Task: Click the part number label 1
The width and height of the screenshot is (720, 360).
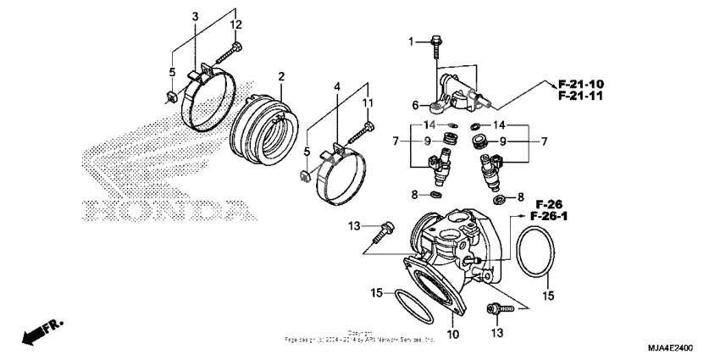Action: pos(411,42)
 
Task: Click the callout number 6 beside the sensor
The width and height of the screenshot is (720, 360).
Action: pos(416,105)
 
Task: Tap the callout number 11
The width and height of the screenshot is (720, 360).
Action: pos(368,102)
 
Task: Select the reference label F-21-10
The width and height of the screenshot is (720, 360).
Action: pos(580,84)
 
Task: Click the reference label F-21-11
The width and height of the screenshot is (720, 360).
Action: pos(580,97)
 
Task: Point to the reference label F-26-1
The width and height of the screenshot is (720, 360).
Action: pos(548,218)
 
